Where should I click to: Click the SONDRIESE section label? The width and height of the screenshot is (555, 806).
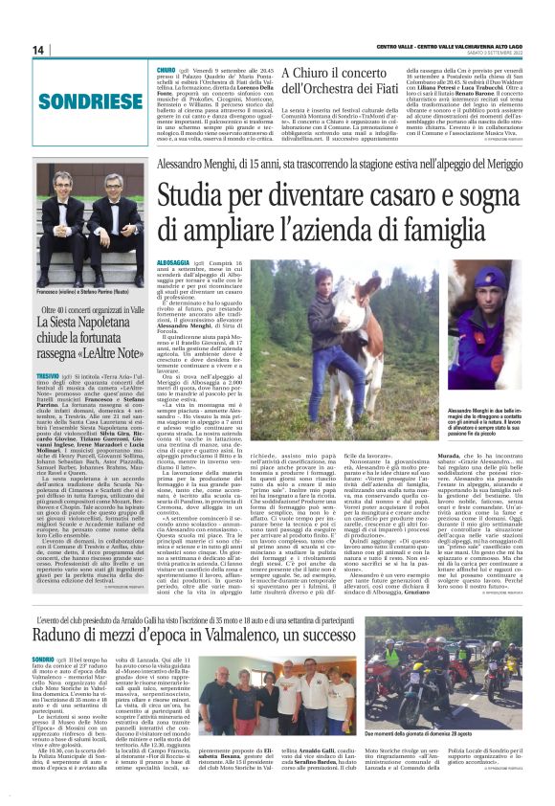click(x=78, y=99)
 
